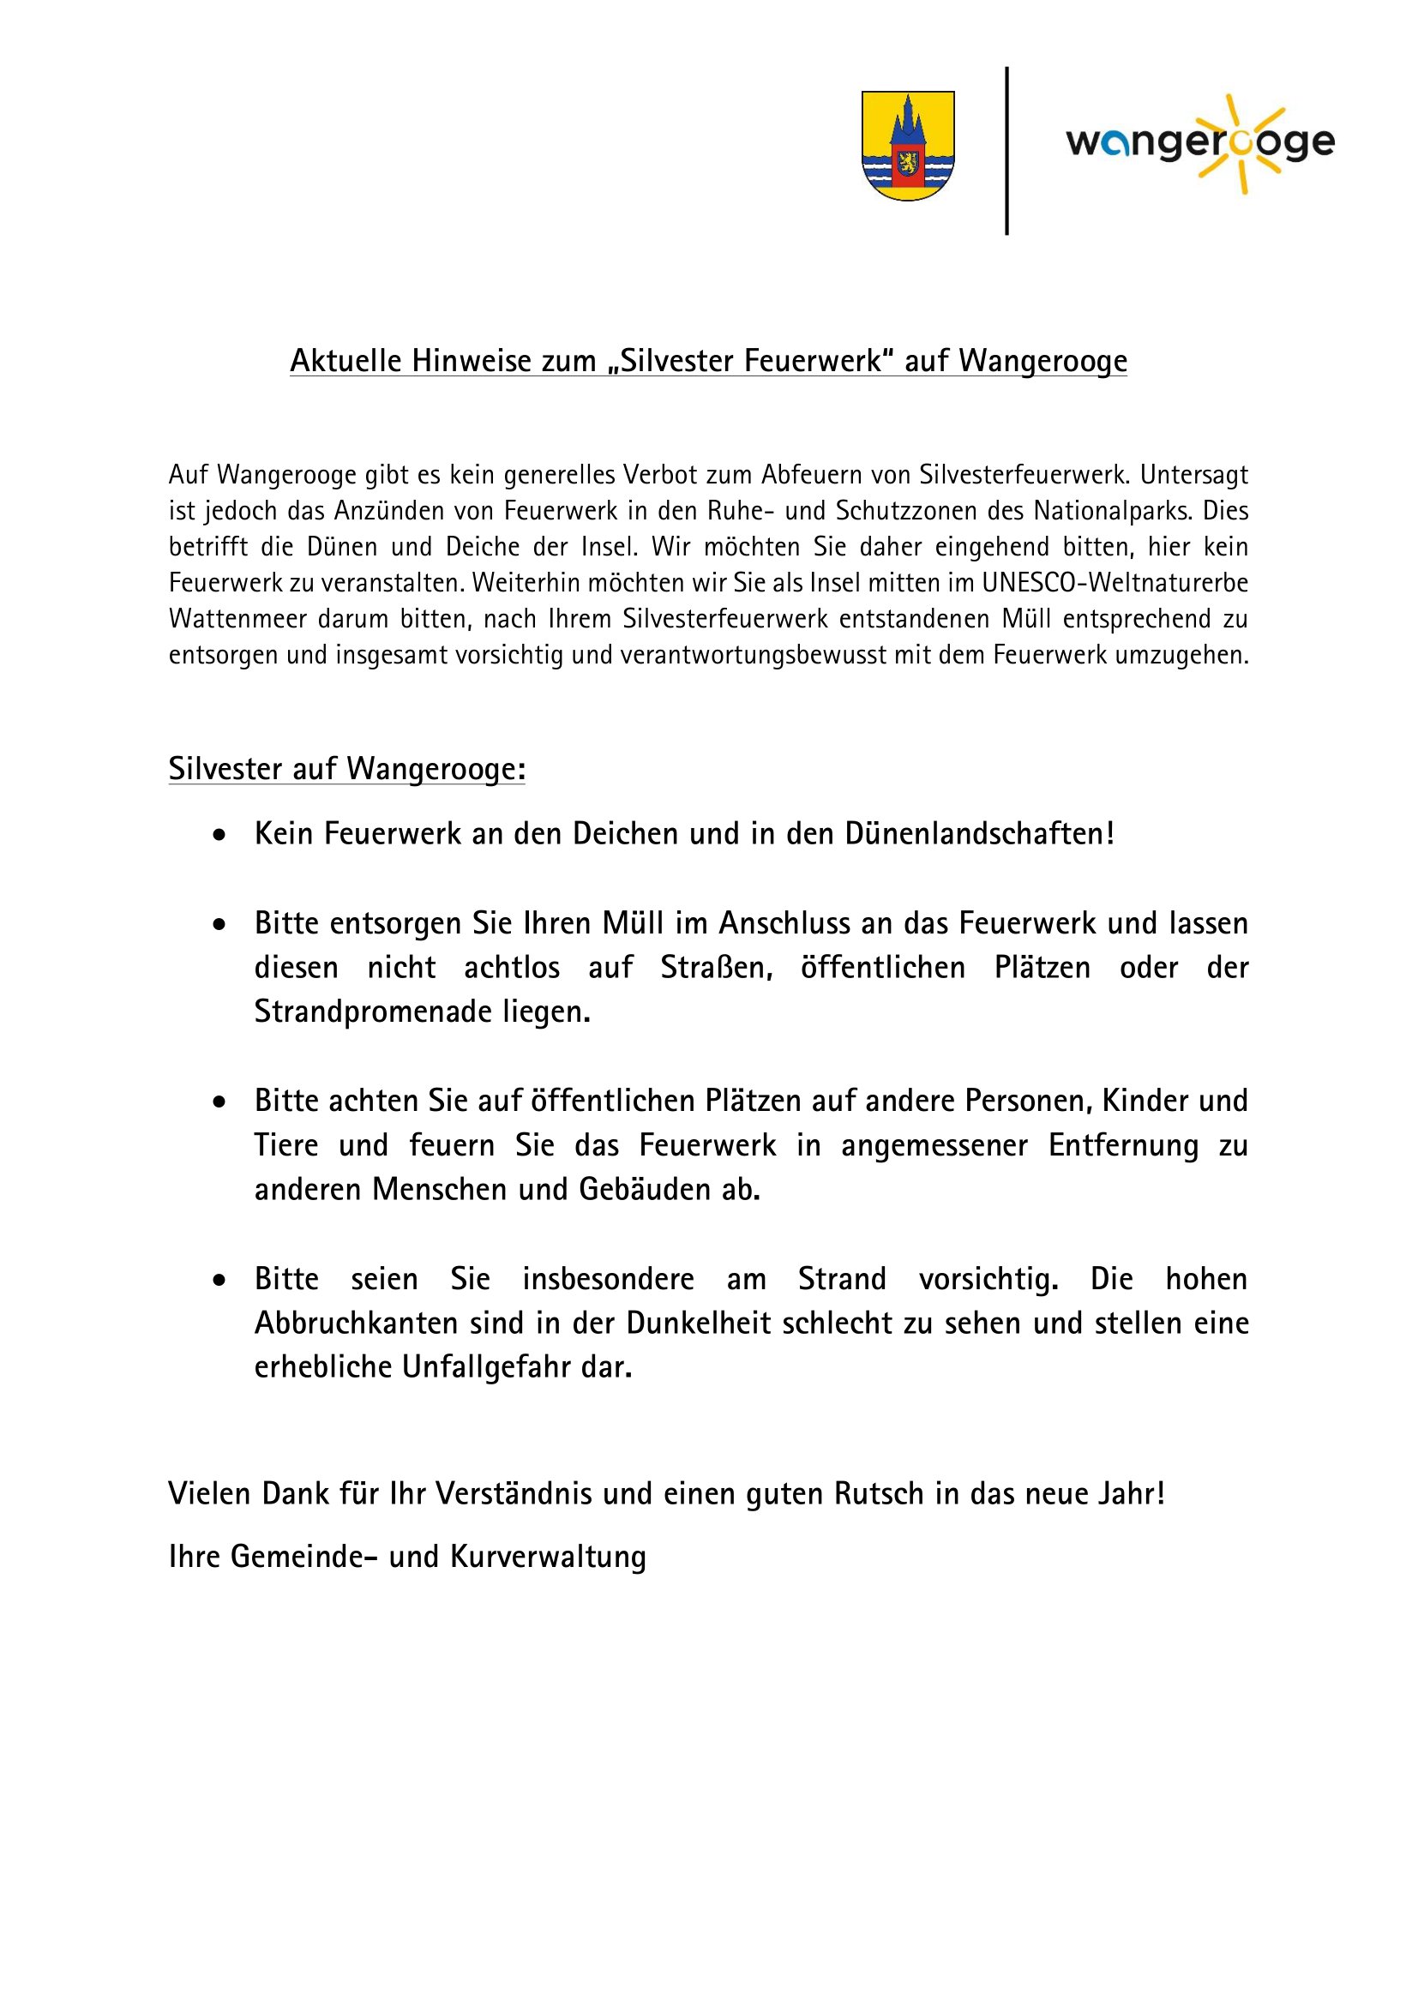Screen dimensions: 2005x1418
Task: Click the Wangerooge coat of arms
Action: click(907, 146)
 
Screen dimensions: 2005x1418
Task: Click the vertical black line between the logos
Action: click(1006, 150)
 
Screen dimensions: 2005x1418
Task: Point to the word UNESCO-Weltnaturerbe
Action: click(1115, 582)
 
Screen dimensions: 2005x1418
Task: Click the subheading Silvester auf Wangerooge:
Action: click(346, 769)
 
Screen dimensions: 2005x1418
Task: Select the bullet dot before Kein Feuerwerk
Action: click(219, 835)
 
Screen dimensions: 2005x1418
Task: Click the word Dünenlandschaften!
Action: click(980, 834)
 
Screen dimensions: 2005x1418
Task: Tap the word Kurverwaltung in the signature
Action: click(549, 1557)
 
